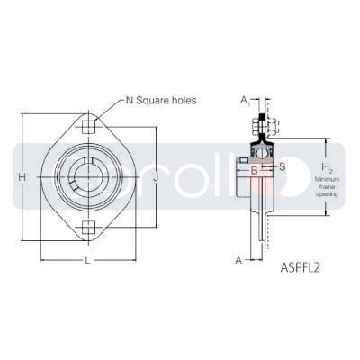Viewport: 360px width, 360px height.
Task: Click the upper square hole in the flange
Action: click(87, 126)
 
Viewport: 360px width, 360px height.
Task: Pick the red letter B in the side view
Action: click(254, 167)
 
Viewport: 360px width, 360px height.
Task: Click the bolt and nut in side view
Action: click(264, 121)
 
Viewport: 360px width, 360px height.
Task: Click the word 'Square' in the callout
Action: click(157, 100)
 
